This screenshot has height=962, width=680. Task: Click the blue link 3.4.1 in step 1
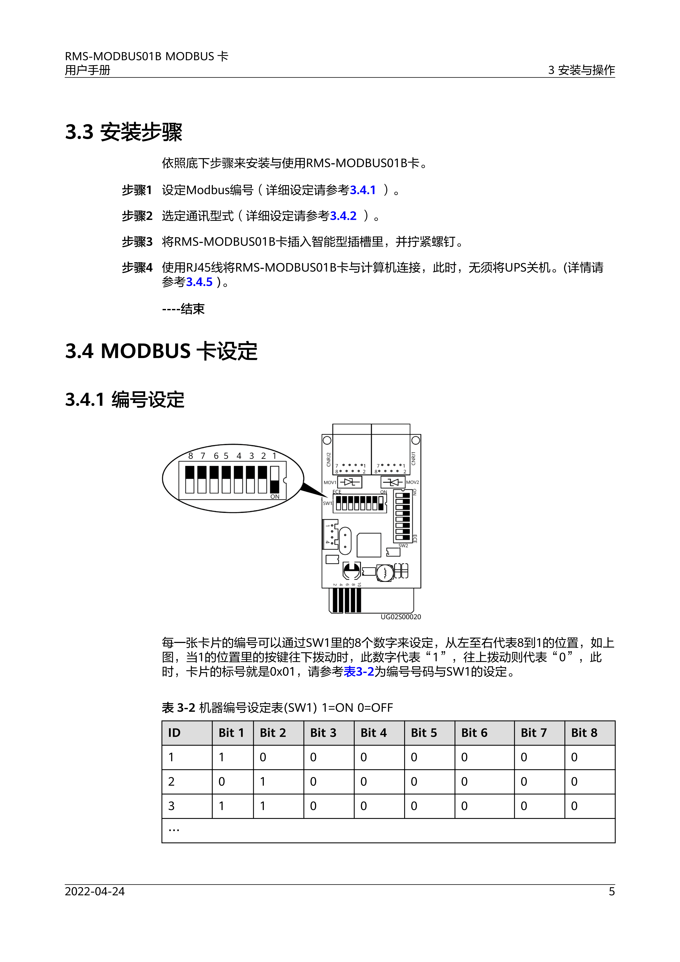pyautogui.click(x=363, y=190)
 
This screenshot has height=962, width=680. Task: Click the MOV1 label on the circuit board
pyautogui.click(x=330, y=482)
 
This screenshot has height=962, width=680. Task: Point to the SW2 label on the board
pyautogui.click(x=403, y=545)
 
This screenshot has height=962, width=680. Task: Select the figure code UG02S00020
pyautogui.click(x=401, y=617)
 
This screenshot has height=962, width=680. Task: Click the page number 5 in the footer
pyautogui.click(x=611, y=891)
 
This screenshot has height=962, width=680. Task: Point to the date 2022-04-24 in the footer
pyautogui.click(x=95, y=891)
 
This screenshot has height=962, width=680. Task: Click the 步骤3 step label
pyautogui.click(x=137, y=242)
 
